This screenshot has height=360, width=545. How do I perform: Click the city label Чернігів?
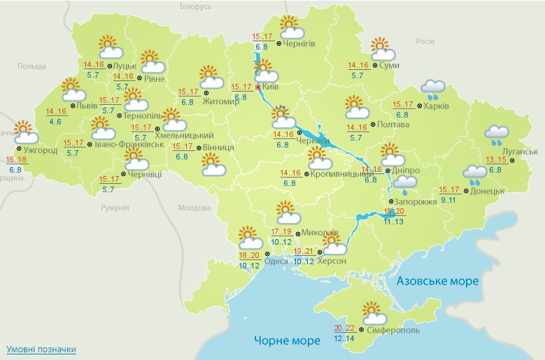299,43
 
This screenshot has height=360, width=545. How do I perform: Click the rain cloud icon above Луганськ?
497,134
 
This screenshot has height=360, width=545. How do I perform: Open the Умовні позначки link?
41,349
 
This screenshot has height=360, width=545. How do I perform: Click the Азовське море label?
437,281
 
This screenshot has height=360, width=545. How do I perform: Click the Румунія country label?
114,208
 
